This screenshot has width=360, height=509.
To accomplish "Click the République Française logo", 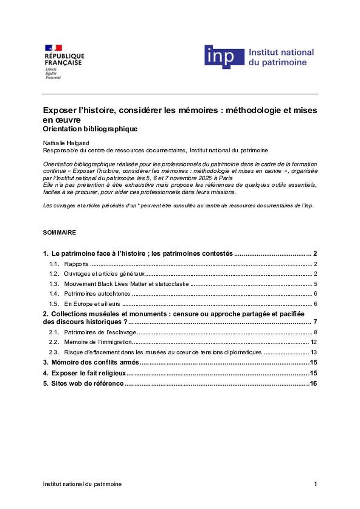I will point(64,61).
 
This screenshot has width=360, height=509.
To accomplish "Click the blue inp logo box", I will point(224,57).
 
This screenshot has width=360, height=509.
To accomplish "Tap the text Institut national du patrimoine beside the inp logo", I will point(281,57).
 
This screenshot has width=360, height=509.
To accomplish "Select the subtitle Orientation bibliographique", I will point(90,129).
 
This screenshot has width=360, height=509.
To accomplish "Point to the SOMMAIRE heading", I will point(59,233).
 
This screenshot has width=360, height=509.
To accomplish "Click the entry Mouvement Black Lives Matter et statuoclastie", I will point(126,284).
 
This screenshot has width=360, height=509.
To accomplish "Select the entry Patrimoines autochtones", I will point(97,294).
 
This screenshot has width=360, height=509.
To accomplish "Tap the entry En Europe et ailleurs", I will point(92,304).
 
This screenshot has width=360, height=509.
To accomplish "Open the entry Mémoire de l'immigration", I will point(98,342).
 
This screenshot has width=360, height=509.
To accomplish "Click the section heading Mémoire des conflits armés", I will point(95,362).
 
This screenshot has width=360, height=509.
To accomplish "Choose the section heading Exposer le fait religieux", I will point(89,373).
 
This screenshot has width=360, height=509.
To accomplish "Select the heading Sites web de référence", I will point(87,384).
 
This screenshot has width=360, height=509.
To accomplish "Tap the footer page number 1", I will point(315,484).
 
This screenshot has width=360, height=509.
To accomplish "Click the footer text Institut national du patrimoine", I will point(82,484).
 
